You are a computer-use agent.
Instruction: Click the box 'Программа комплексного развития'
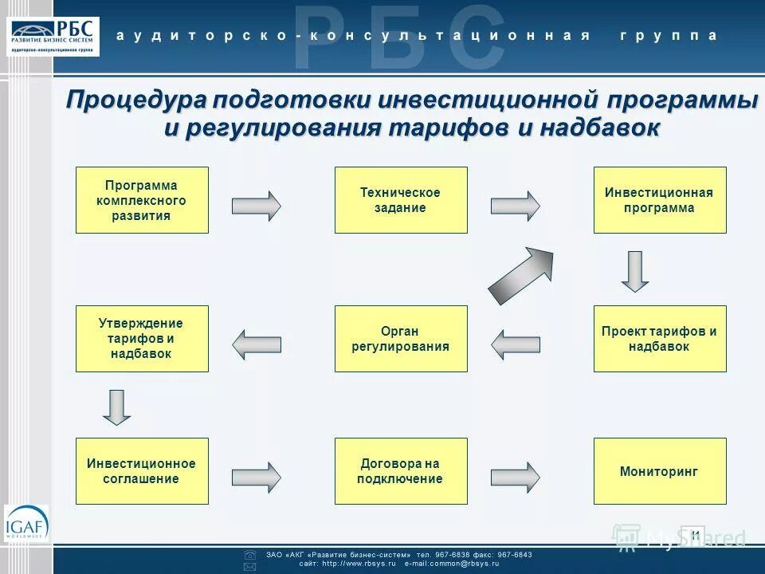tap(142, 199)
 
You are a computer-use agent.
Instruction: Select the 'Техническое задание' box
tap(401, 199)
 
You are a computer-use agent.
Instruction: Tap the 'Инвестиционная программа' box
tap(660, 199)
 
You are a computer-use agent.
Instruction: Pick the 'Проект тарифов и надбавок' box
tap(660, 339)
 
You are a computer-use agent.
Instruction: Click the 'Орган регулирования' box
tap(401, 339)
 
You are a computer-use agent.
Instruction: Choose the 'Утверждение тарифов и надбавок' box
tap(142, 339)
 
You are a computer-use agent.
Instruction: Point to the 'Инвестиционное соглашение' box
tap(142, 470)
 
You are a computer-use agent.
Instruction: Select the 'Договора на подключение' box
tap(401, 470)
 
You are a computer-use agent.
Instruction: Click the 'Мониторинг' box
tap(660, 470)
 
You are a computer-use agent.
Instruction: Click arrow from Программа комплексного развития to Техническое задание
tap(256, 206)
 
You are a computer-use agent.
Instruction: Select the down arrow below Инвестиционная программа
tap(635, 271)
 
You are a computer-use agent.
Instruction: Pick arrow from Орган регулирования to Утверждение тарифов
tap(256, 344)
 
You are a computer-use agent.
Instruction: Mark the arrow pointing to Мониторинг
tap(515, 476)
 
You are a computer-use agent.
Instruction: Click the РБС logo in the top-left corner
tap(55, 34)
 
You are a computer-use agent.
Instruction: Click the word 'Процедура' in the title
tap(135, 102)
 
